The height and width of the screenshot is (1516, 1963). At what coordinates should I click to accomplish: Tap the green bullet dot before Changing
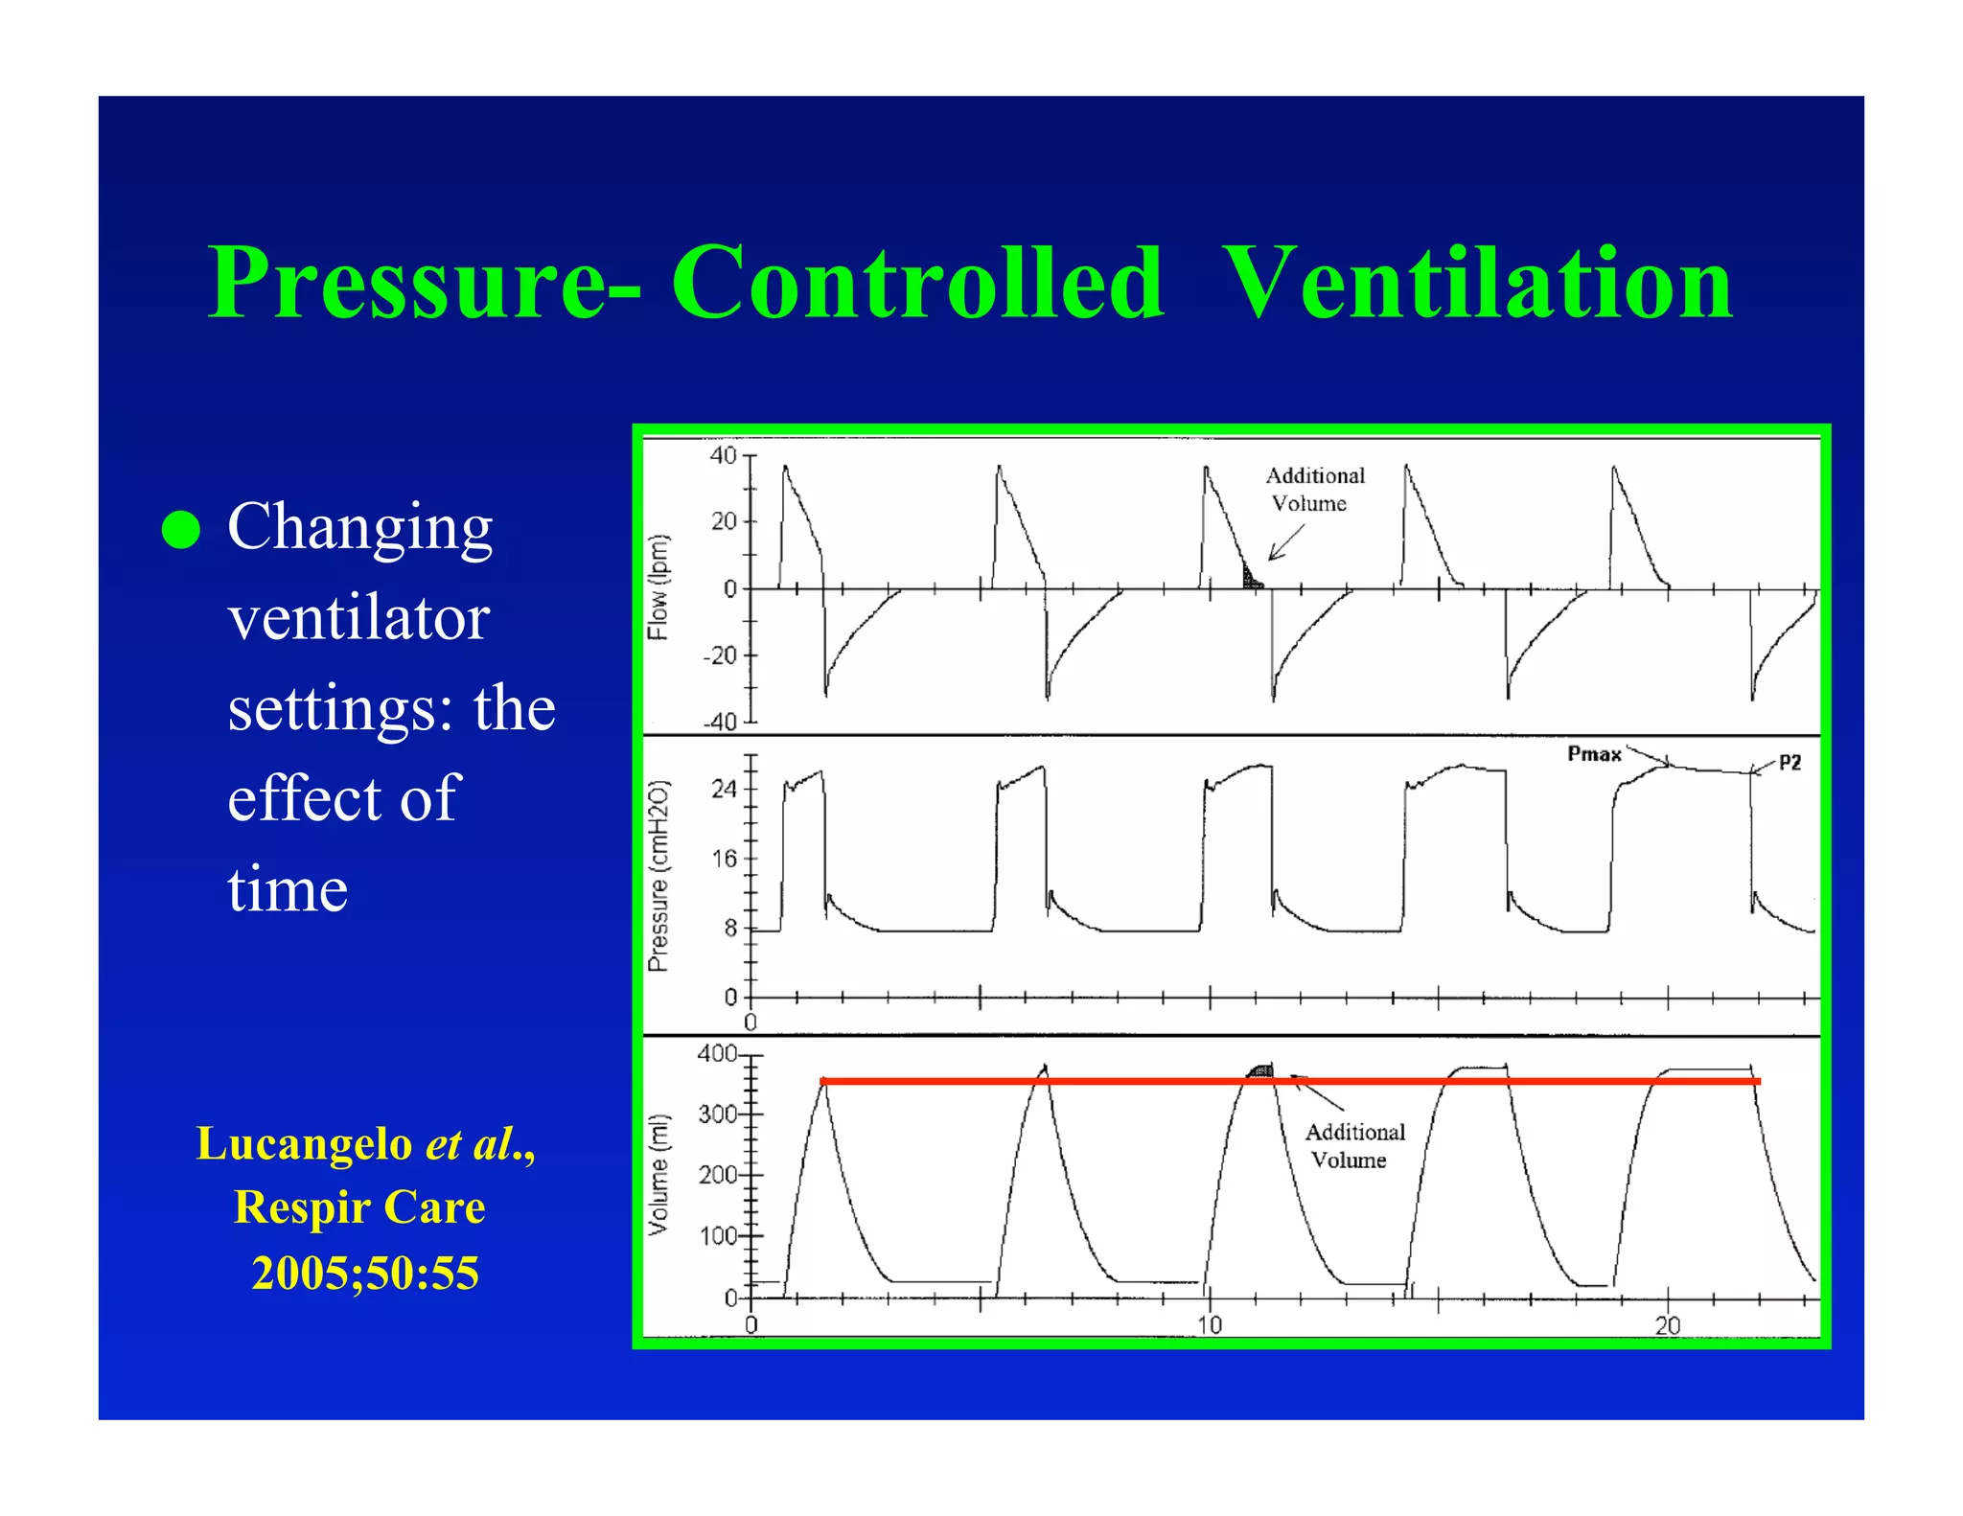[x=180, y=529]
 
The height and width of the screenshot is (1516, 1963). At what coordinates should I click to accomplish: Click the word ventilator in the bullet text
[x=358, y=617]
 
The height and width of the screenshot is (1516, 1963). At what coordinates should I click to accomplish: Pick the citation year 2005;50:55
[x=365, y=1273]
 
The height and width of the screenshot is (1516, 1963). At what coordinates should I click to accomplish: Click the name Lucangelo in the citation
[x=304, y=1143]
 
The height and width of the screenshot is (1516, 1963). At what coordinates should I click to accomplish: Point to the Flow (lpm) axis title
[x=658, y=586]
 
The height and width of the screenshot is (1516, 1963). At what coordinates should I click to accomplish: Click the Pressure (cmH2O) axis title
[x=658, y=876]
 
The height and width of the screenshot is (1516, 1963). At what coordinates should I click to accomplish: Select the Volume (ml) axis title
[x=658, y=1174]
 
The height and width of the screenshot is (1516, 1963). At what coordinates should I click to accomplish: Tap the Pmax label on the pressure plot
[x=1594, y=754]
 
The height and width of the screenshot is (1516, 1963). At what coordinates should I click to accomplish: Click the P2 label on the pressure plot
[x=1790, y=763]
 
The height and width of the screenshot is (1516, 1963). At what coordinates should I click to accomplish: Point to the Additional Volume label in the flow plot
[x=1314, y=490]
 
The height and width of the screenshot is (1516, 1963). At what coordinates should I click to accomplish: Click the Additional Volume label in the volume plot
[x=1353, y=1146]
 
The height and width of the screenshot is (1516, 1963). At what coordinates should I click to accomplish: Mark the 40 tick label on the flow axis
[x=723, y=456]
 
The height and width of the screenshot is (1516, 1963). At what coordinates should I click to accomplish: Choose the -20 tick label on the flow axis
[x=719, y=656]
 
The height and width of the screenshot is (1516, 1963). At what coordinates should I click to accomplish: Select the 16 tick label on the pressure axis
[x=724, y=859]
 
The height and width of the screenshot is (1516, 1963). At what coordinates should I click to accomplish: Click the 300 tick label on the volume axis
[x=718, y=1114]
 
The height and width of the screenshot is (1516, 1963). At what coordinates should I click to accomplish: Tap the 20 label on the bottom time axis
[x=1667, y=1325]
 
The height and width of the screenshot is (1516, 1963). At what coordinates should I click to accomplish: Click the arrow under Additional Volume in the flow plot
[x=1284, y=543]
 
